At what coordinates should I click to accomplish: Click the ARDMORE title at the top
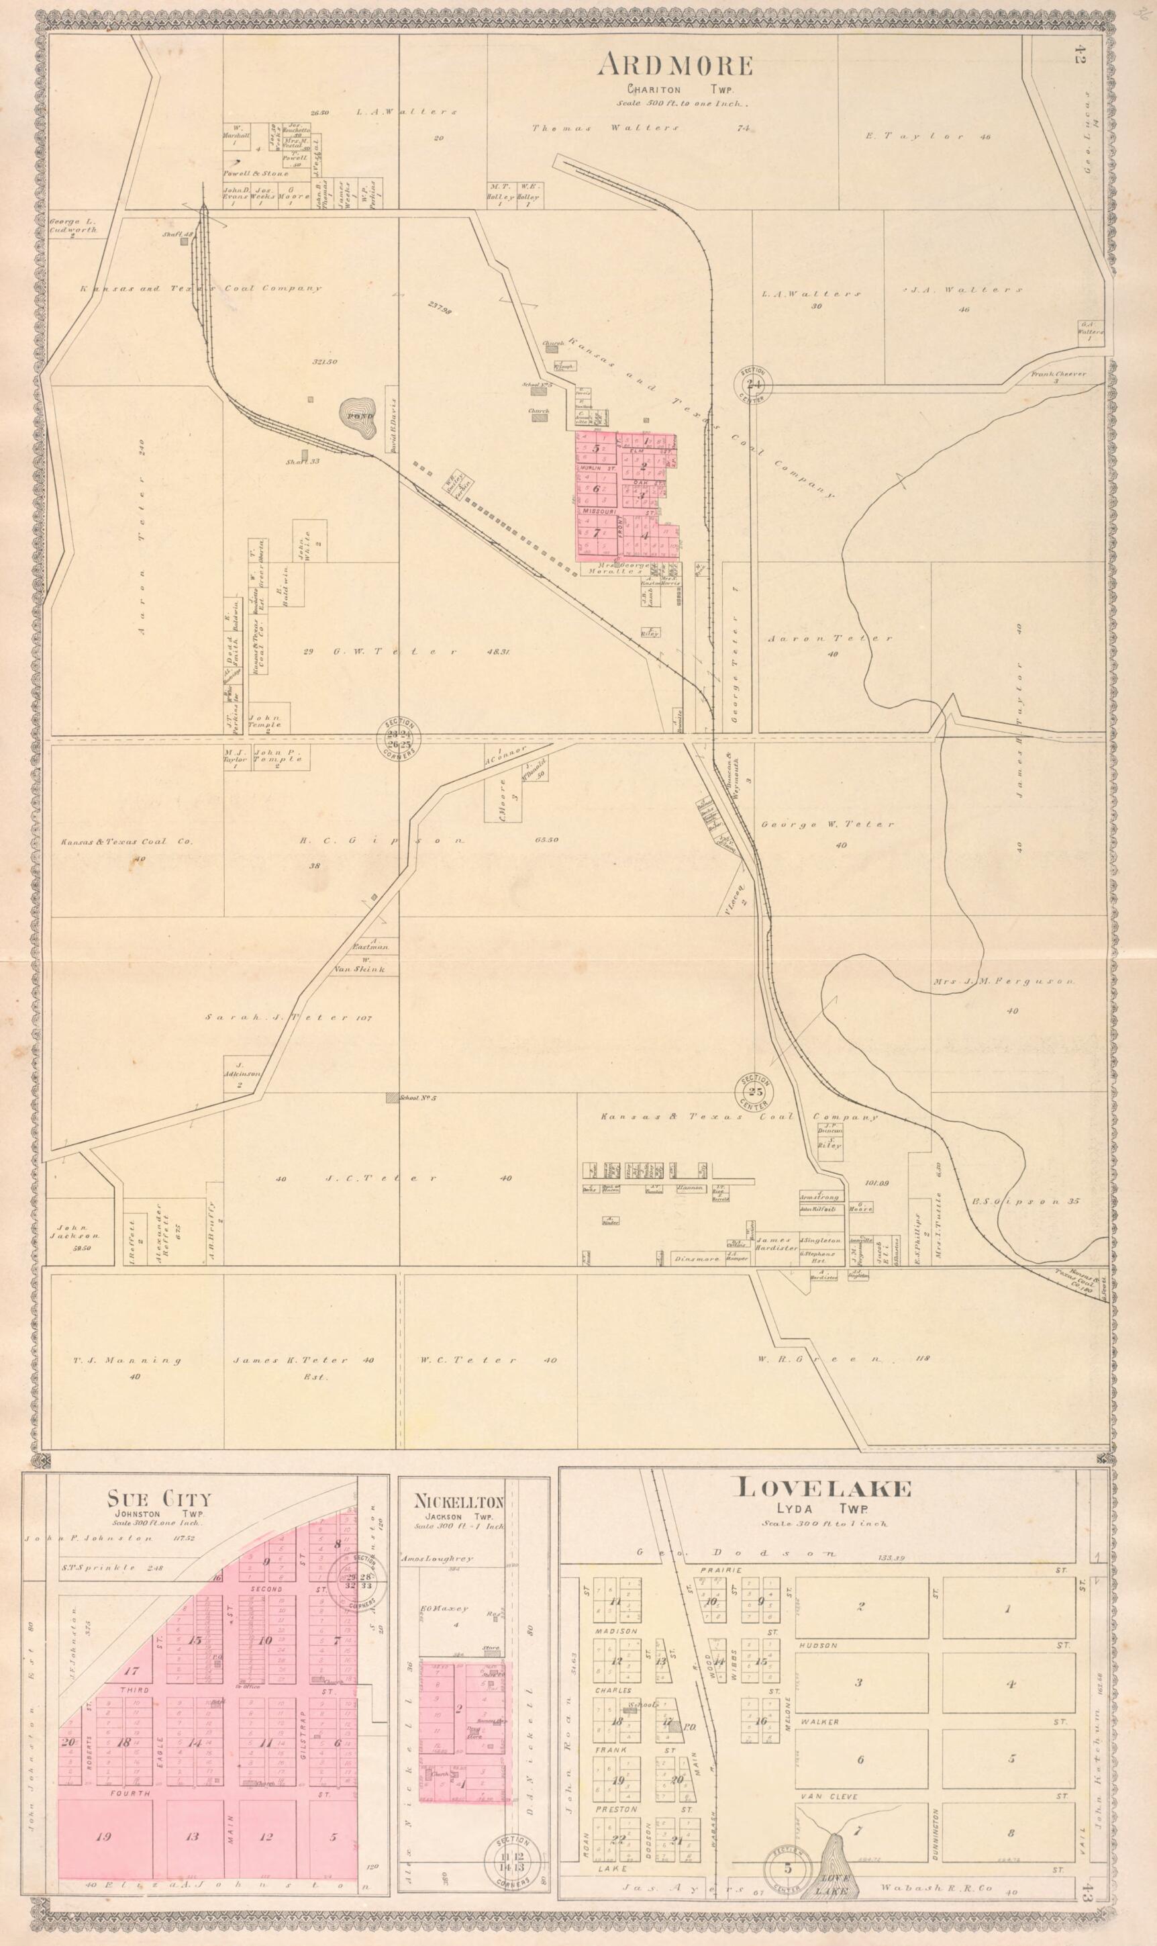click(x=675, y=66)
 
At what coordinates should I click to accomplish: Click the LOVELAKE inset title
click(x=824, y=1489)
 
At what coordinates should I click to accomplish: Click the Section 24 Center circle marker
click(x=754, y=383)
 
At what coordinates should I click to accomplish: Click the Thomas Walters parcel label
click(x=605, y=128)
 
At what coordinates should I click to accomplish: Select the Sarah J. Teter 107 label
click(x=290, y=1017)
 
